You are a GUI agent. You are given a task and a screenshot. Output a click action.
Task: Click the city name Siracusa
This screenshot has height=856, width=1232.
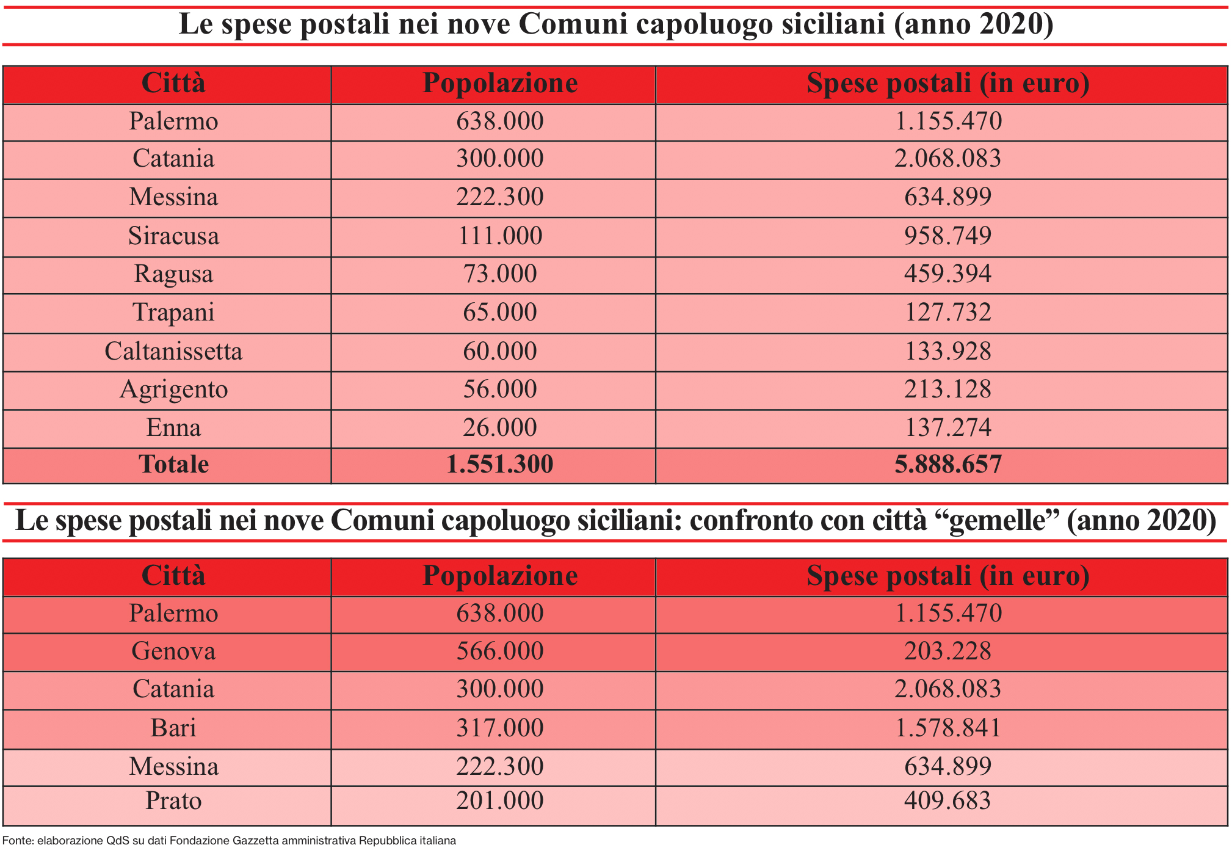tap(173, 236)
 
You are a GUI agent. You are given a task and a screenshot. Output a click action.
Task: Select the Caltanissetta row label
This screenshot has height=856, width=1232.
tap(173, 352)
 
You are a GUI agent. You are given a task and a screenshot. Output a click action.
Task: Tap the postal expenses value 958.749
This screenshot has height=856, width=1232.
tap(948, 236)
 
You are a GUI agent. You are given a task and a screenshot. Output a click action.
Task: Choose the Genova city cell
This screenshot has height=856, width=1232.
tap(173, 651)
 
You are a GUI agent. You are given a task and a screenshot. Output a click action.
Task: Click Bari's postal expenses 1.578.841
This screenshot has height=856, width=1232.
tap(948, 728)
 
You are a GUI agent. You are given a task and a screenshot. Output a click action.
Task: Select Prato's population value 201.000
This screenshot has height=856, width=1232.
tap(499, 801)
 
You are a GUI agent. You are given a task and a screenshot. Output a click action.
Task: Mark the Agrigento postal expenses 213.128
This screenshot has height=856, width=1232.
tap(948, 390)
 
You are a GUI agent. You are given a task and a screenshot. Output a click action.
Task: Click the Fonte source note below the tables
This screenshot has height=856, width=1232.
tap(229, 841)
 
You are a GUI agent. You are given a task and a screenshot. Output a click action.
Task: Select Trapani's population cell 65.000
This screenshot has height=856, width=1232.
tap(499, 313)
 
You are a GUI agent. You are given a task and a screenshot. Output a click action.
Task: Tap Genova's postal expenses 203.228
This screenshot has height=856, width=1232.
tap(948, 651)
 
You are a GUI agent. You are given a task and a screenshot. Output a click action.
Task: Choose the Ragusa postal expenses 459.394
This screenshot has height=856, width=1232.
tap(948, 274)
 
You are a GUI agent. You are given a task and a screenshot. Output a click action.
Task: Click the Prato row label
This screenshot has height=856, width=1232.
tap(173, 801)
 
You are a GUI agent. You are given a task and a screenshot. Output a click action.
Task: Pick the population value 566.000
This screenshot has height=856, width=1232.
tap(499, 651)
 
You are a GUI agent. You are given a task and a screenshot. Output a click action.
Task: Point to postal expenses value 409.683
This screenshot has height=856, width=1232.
tap(948, 801)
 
